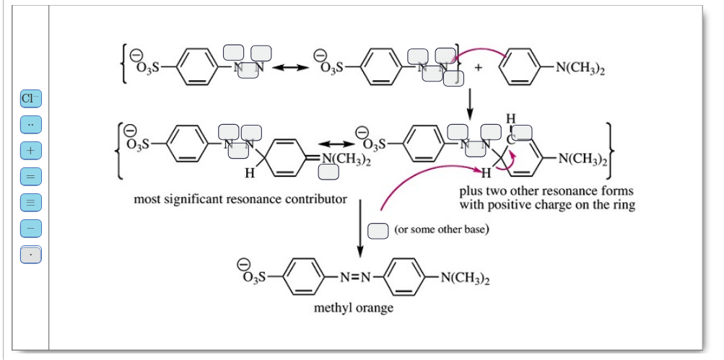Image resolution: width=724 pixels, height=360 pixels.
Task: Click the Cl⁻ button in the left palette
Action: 30,98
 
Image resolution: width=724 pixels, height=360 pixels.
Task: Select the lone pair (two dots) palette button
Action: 30,124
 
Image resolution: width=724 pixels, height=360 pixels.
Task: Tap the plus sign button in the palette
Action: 30,151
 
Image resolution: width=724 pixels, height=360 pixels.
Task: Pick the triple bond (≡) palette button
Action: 30,203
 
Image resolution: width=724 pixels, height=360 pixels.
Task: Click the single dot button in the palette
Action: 30,255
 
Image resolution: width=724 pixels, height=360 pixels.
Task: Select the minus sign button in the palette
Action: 30,229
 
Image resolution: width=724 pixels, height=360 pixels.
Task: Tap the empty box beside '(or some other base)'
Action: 378,230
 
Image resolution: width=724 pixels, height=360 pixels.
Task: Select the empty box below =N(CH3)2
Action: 329,172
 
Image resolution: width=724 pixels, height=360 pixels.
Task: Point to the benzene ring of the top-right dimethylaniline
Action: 520,69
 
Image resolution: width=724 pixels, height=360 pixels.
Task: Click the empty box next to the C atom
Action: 523,132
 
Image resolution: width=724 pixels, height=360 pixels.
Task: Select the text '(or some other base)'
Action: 442,230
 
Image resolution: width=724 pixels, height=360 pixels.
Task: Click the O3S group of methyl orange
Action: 252,276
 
